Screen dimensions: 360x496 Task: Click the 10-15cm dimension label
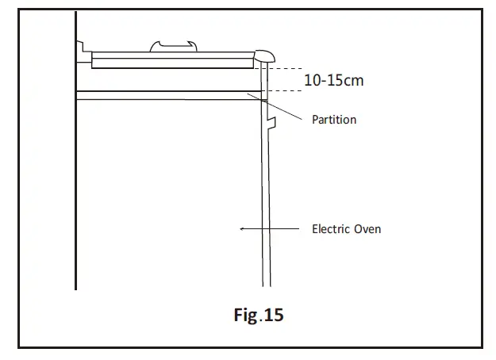pos(334,80)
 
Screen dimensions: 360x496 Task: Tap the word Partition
pos(334,120)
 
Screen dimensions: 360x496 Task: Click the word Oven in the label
pos(367,229)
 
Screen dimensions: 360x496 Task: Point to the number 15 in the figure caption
pos(272,316)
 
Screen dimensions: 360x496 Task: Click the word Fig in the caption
pos(245,316)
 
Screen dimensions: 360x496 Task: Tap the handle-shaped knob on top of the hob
pos(171,47)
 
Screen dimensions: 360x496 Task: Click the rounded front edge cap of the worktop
pos(264,56)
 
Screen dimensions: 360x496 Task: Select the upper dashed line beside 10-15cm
pos(286,67)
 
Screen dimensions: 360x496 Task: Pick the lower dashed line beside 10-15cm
pos(286,91)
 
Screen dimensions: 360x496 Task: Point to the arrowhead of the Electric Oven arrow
pos(241,229)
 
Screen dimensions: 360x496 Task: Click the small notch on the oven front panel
pos(271,121)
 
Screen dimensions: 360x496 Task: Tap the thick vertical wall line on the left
pos(75,159)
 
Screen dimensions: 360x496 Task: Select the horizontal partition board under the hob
pos(167,96)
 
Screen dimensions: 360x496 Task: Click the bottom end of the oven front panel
pos(266,283)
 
